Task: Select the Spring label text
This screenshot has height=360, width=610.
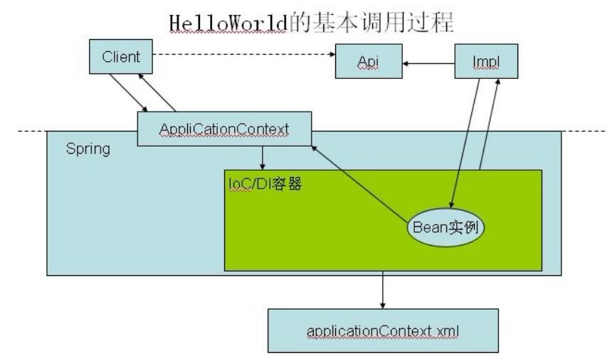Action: (87, 151)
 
